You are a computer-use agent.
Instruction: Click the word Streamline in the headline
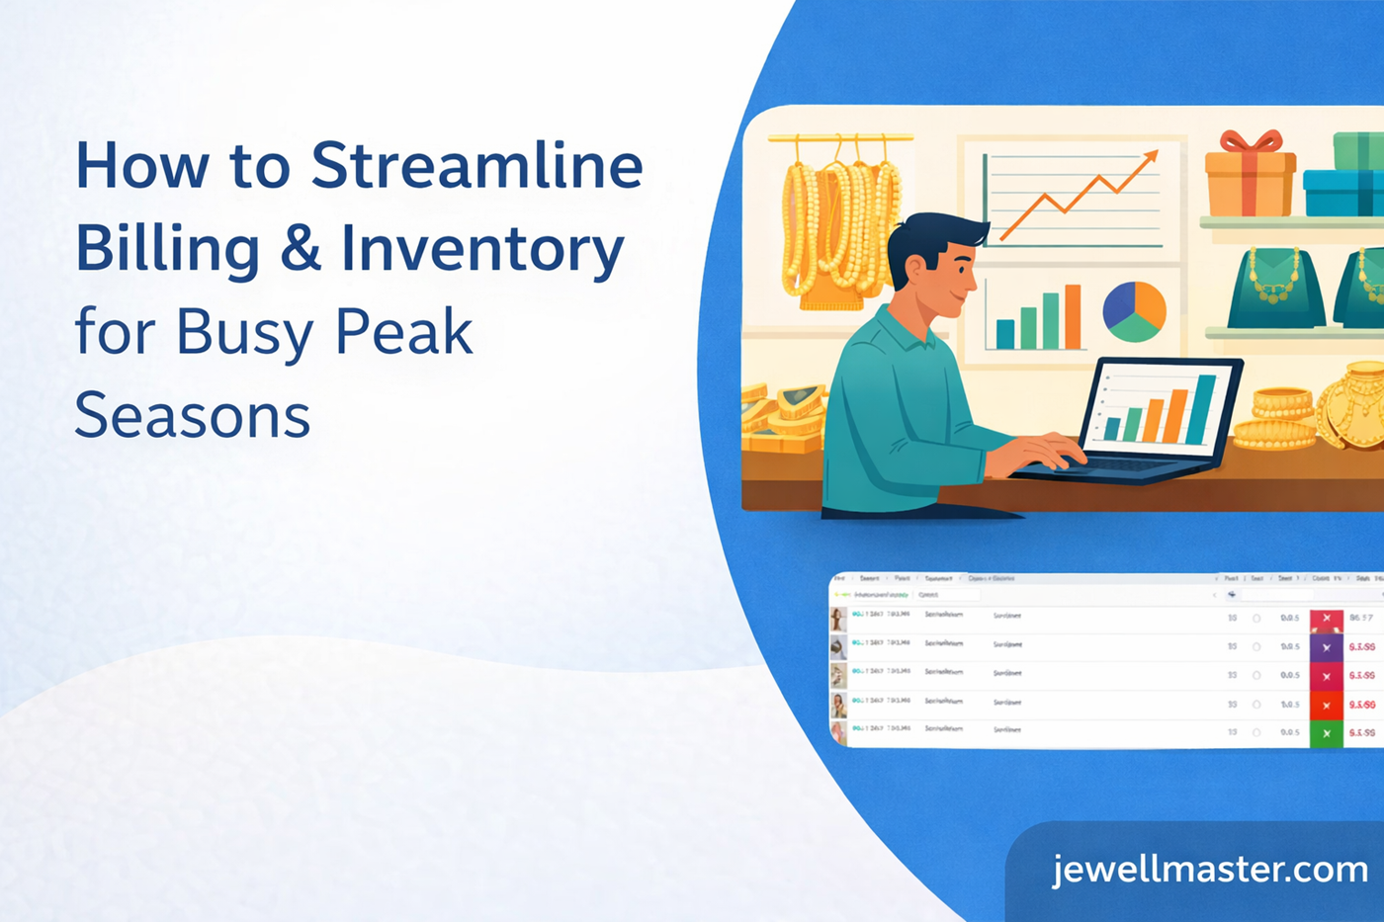coord(476,165)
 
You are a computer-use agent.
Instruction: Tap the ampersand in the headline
coord(300,248)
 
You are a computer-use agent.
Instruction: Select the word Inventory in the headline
coord(482,250)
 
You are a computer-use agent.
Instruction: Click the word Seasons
coord(193,416)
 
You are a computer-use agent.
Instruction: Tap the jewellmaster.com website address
coord(1210,870)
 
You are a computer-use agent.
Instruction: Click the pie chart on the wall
coord(1134,310)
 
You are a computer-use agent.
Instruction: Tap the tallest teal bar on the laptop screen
coord(1203,408)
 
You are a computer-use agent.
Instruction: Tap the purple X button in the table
coord(1327,647)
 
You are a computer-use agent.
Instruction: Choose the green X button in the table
coord(1327,733)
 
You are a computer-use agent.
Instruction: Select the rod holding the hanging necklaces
coord(840,138)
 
